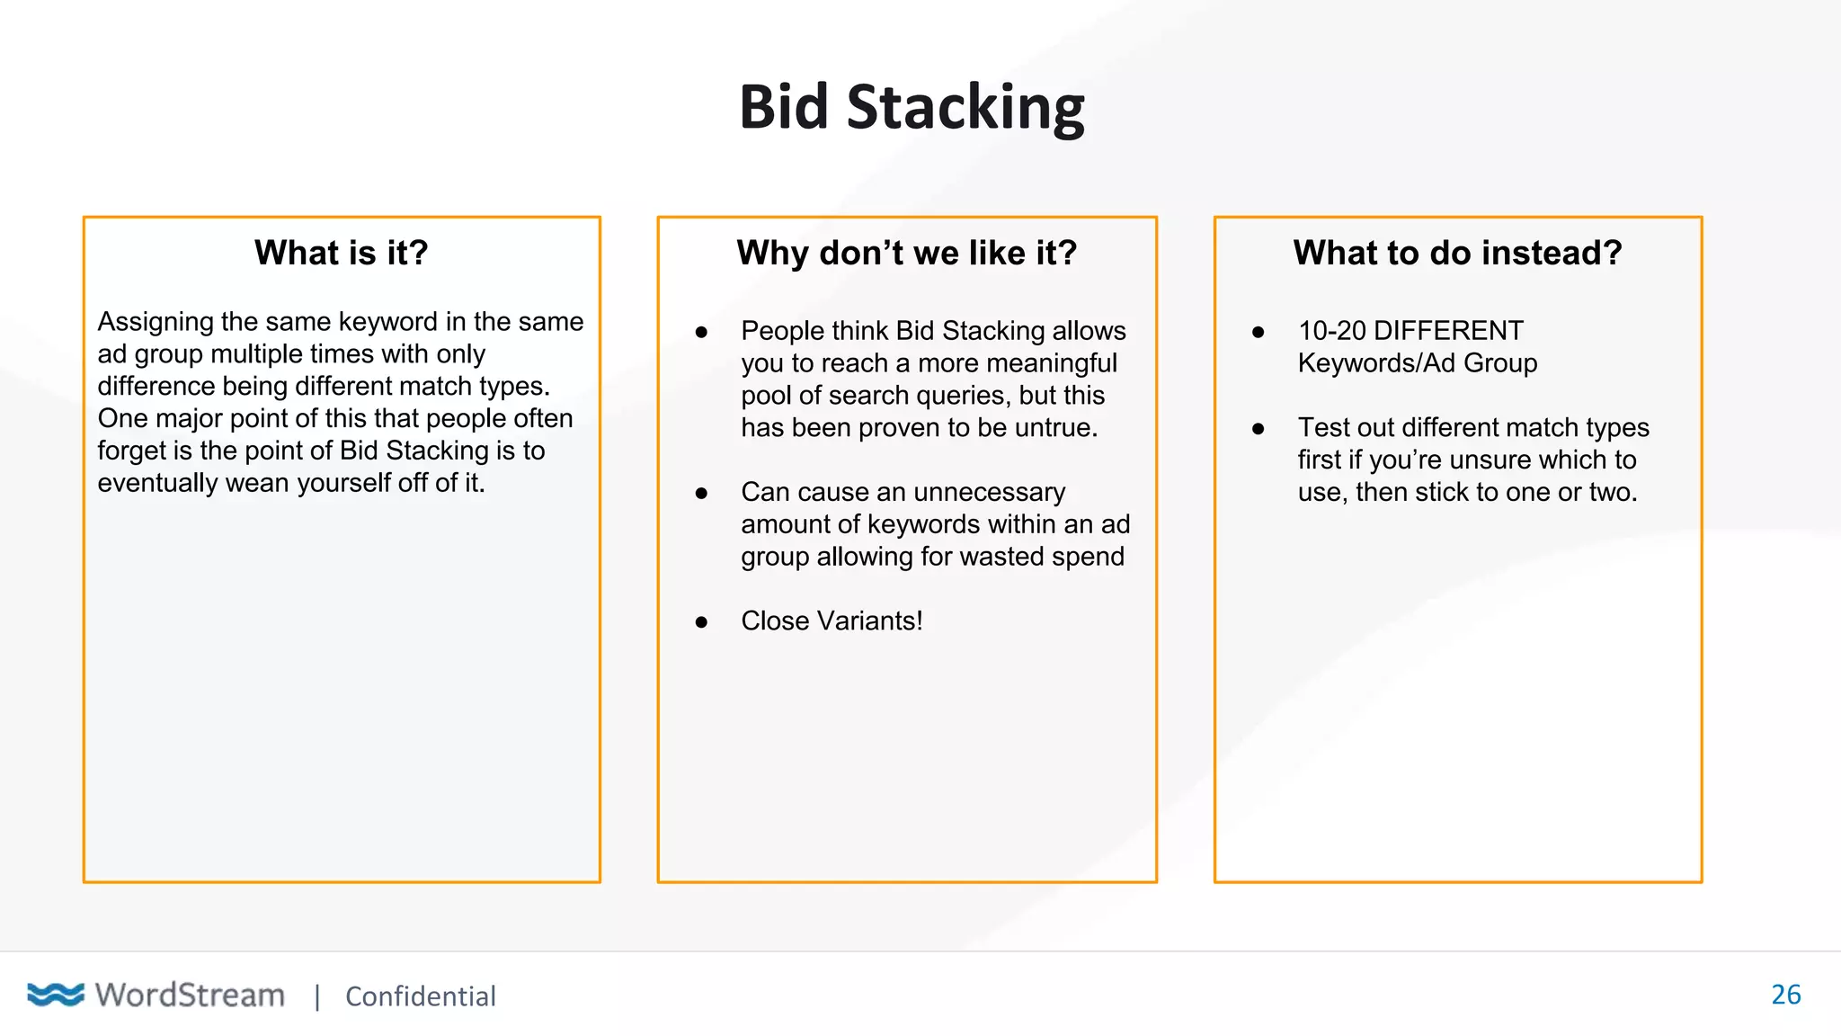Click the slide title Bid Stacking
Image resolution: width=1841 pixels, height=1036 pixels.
[x=912, y=107]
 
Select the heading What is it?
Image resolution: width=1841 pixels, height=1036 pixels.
[x=341, y=253]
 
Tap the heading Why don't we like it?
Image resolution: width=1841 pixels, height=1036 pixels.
[x=906, y=253]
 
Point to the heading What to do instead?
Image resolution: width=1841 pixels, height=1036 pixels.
[x=1457, y=253]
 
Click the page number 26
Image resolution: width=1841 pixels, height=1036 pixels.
[x=1785, y=994]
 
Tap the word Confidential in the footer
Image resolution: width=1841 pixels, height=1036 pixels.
[x=420, y=996]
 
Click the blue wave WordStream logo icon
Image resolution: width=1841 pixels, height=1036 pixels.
[x=56, y=994]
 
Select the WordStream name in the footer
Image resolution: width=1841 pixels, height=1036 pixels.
[x=190, y=995]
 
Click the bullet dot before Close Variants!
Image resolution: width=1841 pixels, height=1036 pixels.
[x=701, y=621]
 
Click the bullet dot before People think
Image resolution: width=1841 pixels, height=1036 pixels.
[x=701, y=332]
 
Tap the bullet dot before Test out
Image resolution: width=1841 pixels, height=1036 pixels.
[x=1258, y=429]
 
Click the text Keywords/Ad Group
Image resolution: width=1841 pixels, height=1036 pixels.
[x=1417, y=362]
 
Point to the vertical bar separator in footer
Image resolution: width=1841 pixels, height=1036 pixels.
[x=316, y=996]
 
